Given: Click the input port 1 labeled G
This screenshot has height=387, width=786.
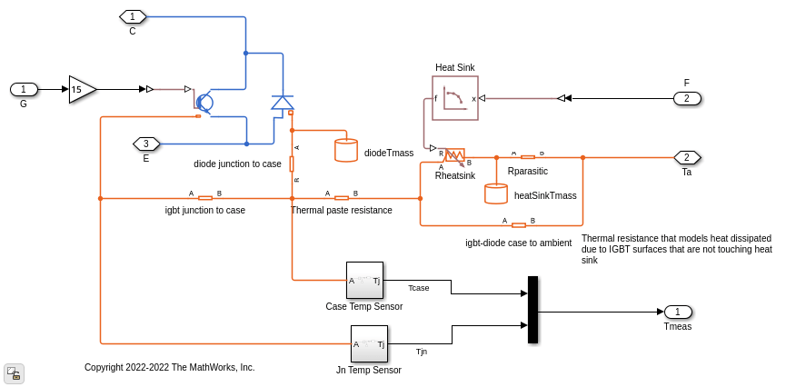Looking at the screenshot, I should click(x=24, y=89).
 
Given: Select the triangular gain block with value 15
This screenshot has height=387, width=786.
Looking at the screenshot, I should click(x=81, y=89).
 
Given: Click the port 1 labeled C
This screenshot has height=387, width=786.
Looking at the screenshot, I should click(x=133, y=16).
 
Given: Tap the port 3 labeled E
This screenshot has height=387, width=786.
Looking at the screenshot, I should click(x=146, y=144).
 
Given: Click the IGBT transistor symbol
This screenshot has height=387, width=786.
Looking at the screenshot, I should click(x=204, y=103).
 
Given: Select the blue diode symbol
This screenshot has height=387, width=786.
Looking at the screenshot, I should click(x=283, y=103).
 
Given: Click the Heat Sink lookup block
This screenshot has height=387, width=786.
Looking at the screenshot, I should click(x=455, y=98).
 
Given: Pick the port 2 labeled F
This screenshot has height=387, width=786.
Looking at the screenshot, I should click(x=687, y=98).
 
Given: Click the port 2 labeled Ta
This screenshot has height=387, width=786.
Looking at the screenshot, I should click(x=687, y=157).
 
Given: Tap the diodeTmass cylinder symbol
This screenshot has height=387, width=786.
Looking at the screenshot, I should click(x=346, y=150).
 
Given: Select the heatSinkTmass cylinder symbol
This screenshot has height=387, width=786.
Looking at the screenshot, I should click(x=496, y=193).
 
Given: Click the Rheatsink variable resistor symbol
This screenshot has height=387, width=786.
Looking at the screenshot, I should click(x=454, y=154).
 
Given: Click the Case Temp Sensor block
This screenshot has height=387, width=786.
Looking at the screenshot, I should click(x=364, y=281).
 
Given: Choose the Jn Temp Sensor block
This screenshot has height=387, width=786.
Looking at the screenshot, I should click(x=369, y=344).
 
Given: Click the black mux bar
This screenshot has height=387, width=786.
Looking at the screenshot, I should click(x=533, y=310).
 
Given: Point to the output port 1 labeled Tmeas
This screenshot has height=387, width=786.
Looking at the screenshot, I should click(x=678, y=312).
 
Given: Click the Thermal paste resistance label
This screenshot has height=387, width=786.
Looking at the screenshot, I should click(x=341, y=210).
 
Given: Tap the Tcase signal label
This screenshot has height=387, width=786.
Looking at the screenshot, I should click(x=418, y=288).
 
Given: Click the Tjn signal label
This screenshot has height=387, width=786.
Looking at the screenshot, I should click(x=421, y=352).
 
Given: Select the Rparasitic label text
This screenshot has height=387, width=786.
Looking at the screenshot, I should click(x=527, y=170).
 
